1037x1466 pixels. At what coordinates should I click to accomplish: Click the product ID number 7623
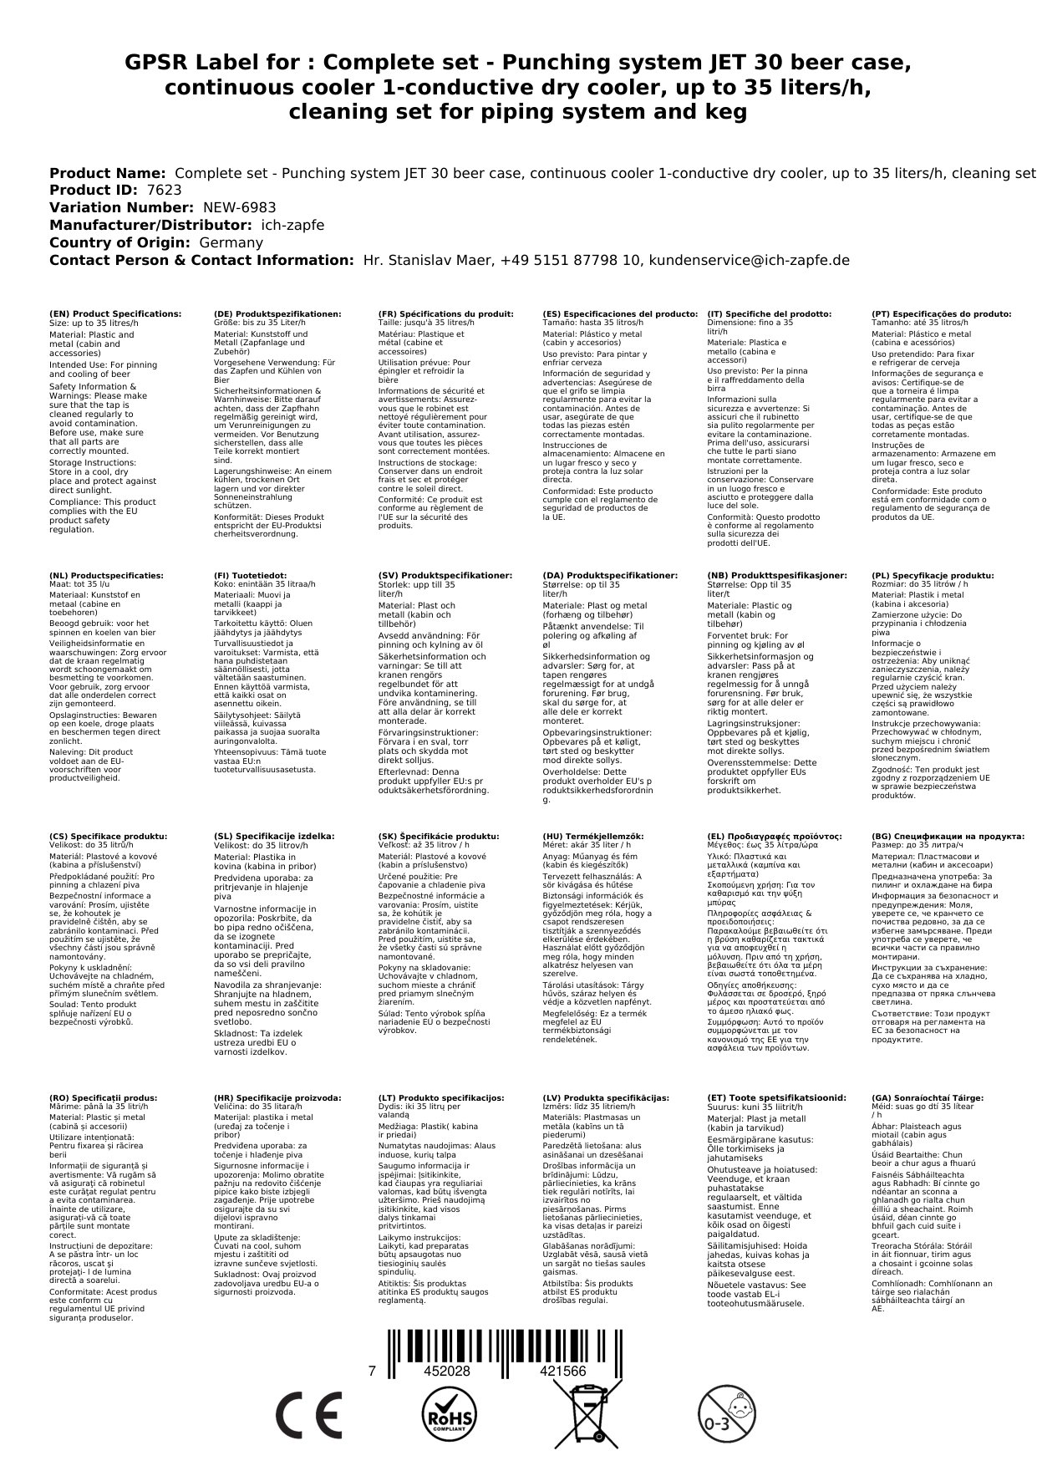tap(164, 190)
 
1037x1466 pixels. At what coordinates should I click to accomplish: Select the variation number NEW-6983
tap(239, 207)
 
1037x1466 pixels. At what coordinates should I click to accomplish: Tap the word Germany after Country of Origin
tap(231, 242)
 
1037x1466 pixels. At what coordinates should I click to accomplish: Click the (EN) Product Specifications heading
tap(115, 314)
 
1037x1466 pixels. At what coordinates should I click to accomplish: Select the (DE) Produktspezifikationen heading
tap(277, 314)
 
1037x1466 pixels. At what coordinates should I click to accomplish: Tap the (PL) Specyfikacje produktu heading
tap(933, 576)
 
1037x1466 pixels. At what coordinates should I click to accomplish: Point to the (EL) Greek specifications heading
tap(775, 836)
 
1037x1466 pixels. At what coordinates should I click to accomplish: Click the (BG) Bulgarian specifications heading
tap(948, 836)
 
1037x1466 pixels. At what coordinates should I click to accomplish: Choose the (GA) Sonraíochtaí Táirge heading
tap(928, 1097)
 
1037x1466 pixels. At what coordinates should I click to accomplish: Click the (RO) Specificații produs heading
tap(104, 1097)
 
